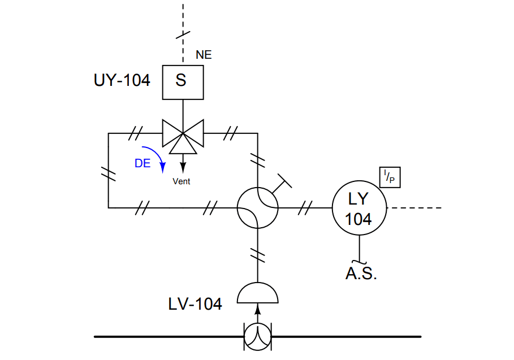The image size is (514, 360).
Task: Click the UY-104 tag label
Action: pos(122,81)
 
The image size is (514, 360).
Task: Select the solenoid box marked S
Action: pos(182,81)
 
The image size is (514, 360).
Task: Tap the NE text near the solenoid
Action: pos(204,55)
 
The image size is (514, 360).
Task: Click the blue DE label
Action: pos(142,163)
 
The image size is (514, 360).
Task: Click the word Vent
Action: pos(182,181)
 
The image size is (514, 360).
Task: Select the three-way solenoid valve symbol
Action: pos(182,135)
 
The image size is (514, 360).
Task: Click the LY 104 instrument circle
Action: pos(358,208)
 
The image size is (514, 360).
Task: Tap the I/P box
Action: pos(390,177)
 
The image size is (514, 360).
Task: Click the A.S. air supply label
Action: pos(361,275)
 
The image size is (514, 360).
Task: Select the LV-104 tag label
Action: pos(195,304)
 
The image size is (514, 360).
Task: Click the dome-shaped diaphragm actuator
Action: pos(257,294)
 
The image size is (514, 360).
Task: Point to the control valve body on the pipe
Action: pos(257,336)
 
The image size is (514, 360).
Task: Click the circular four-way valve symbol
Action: pos(257,208)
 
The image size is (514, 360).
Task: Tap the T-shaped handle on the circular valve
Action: pos(282,183)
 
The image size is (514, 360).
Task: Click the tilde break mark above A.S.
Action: pos(359,262)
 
